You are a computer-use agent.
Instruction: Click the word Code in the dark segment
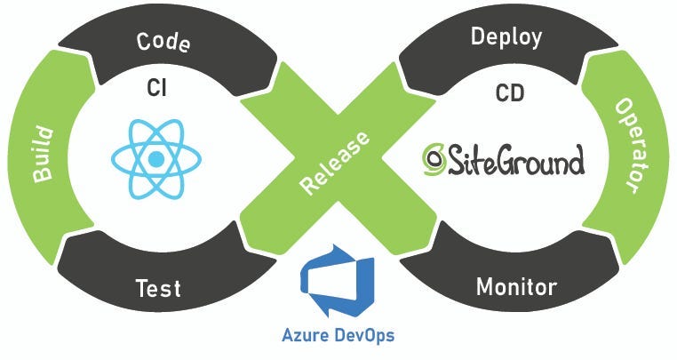(x=163, y=42)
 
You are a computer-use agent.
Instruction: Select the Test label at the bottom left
(x=158, y=288)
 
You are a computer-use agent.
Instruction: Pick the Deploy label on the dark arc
(x=506, y=37)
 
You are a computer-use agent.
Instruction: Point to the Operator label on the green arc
(x=627, y=145)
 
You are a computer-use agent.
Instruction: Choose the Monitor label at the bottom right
(x=516, y=287)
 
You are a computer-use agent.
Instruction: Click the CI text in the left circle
(x=156, y=89)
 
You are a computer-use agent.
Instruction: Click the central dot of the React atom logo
(x=156, y=160)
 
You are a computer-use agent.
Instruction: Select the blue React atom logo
(x=156, y=160)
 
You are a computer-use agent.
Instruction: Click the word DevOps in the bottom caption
(x=363, y=337)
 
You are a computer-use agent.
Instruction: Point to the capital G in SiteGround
(x=506, y=162)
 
